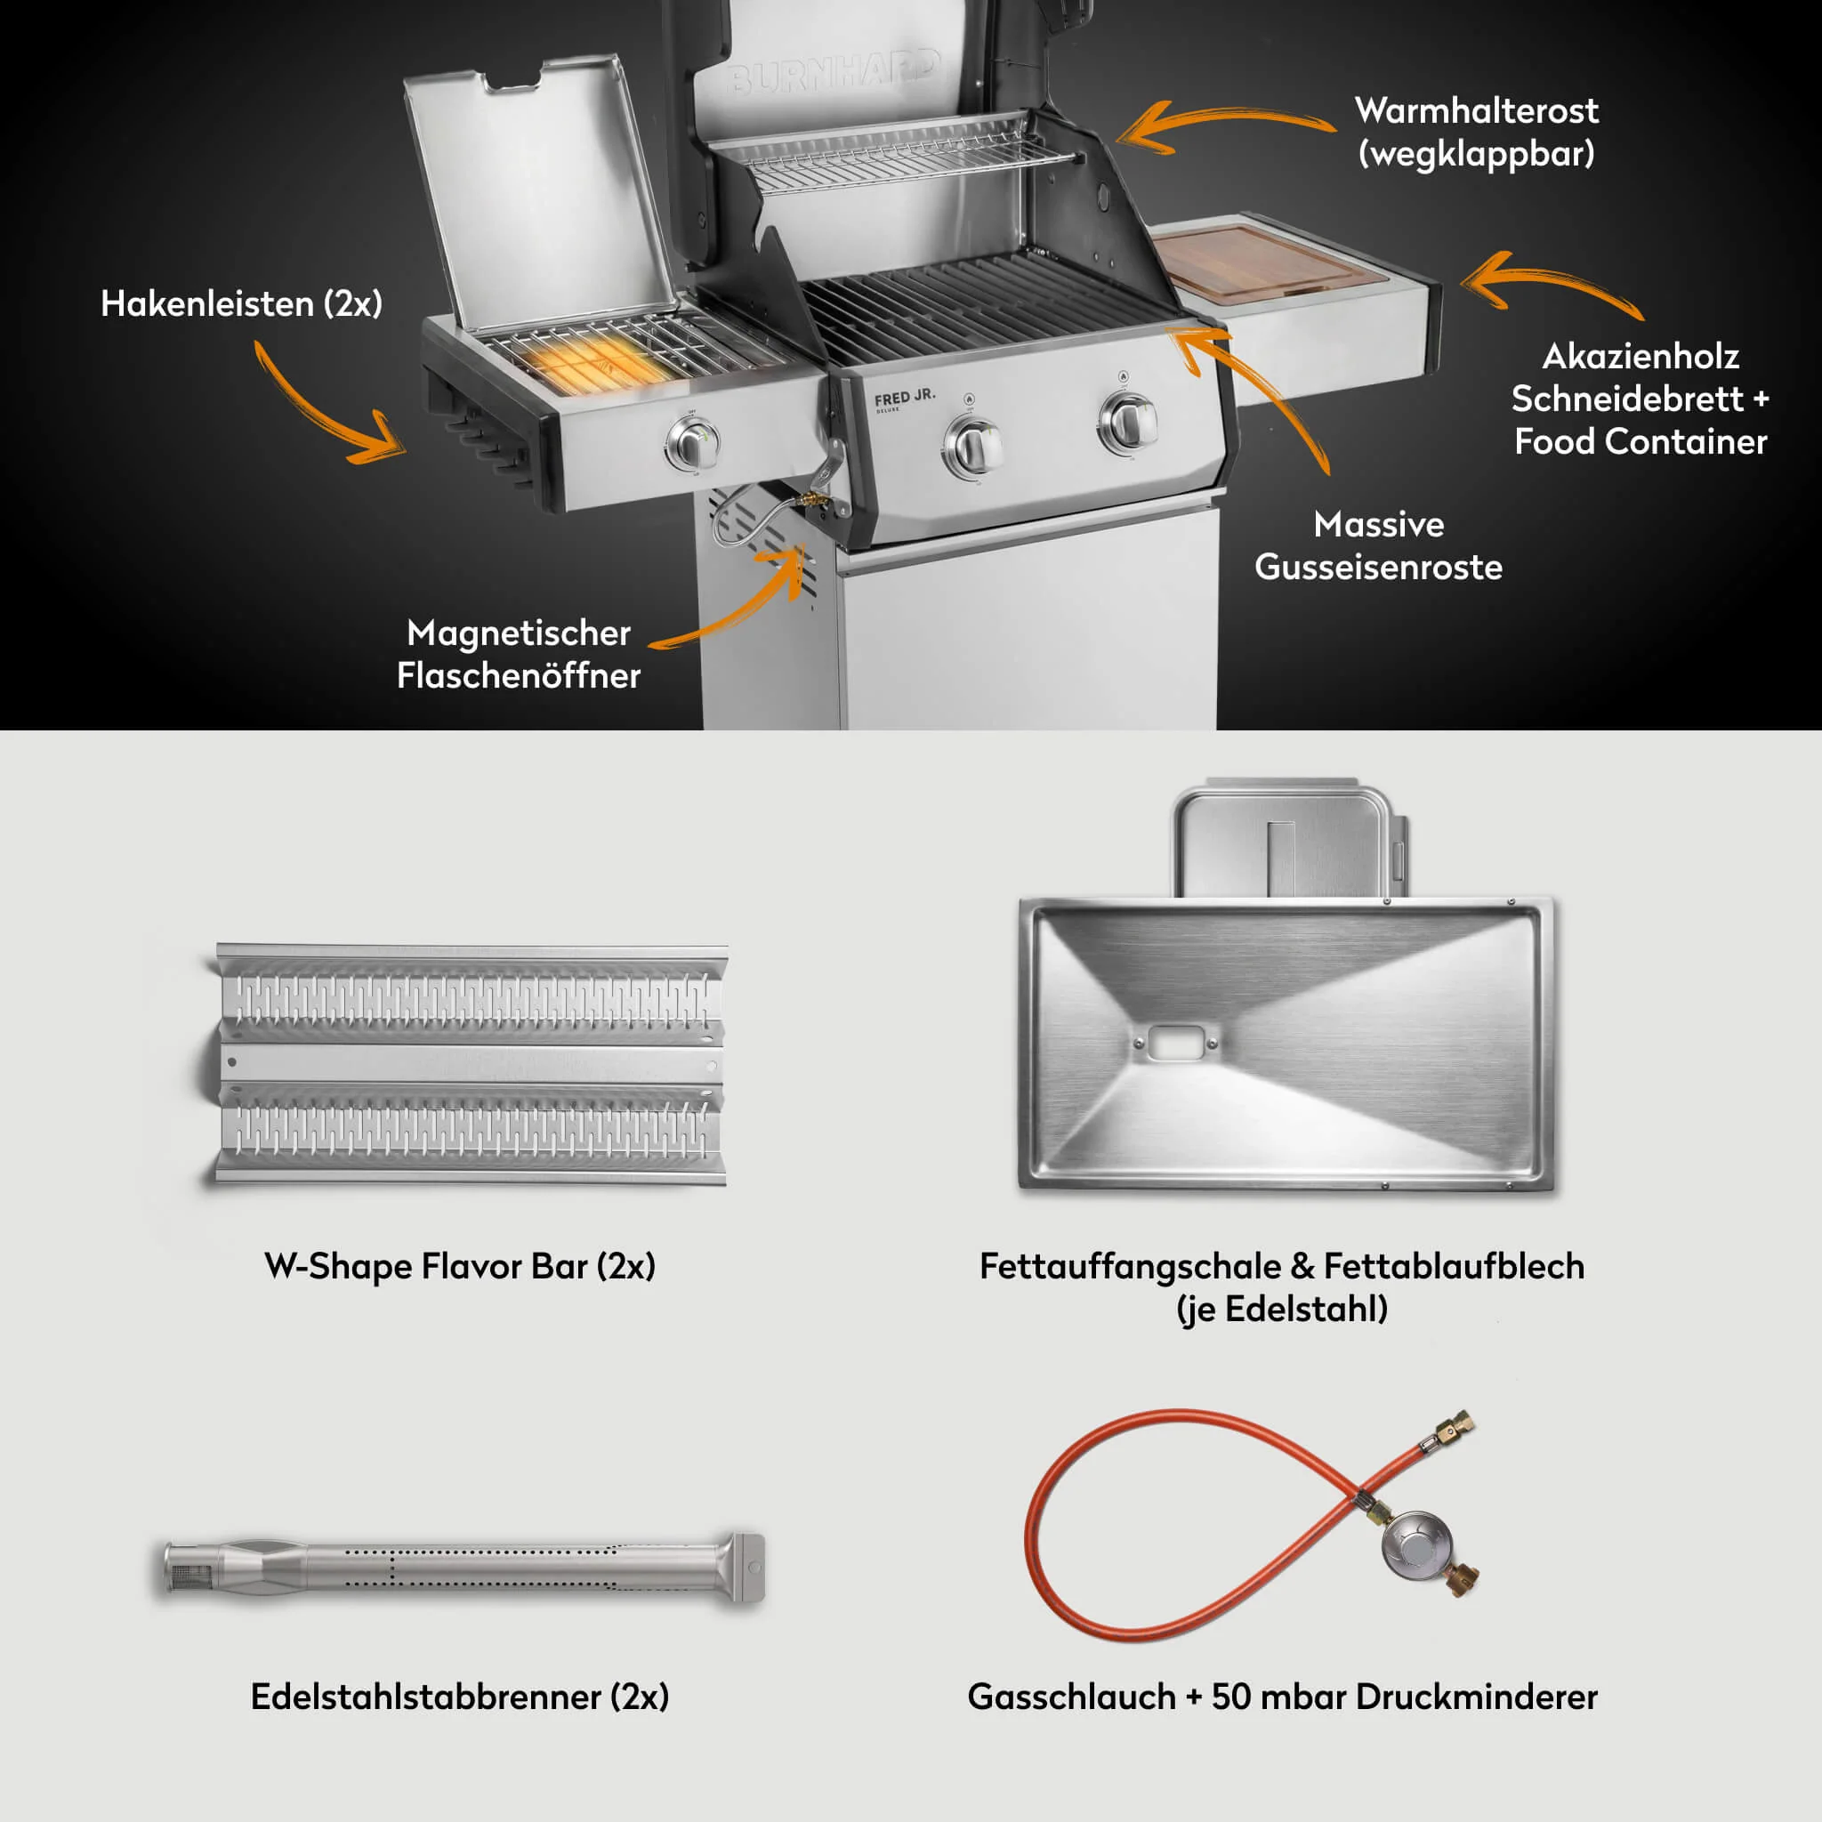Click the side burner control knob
pyautogui.click(x=694, y=443)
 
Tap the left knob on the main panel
pyautogui.click(x=973, y=446)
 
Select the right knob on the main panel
pyautogui.click(x=1128, y=423)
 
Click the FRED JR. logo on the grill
pyautogui.click(x=905, y=398)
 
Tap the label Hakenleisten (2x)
pyautogui.click(x=241, y=303)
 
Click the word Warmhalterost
pyautogui.click(x=1477, y=110)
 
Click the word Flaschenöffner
pyautogui.click(x=519, y=675)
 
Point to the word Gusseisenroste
pyautogui.click(x=1379, y=567)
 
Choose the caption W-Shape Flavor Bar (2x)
pyautogui.click(x=460, y=1266)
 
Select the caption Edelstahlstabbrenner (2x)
pyautogui.click(x=460, y=1697)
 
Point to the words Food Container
pyautogui.click(x=1641, y=441)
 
